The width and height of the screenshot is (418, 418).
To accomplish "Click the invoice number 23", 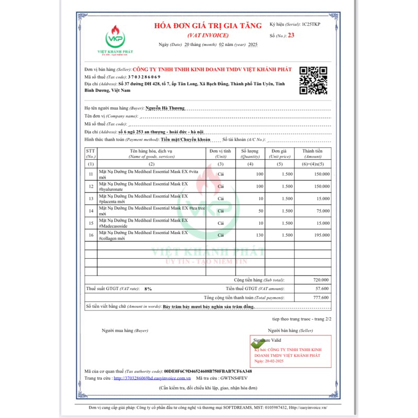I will tap(291, 35).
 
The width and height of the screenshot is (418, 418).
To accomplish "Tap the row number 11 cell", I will tap(91, 173).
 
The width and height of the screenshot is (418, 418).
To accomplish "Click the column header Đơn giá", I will tap(280, 151).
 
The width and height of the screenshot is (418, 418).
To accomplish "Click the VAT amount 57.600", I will tap(322, 288).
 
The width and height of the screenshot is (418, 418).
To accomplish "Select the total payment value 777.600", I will tap(321, 297).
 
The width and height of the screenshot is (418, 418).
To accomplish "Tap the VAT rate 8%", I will tap(148, 288).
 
